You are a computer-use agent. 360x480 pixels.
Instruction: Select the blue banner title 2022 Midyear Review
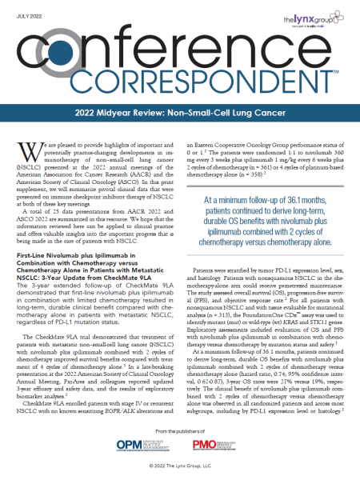(x=180, y=114)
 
